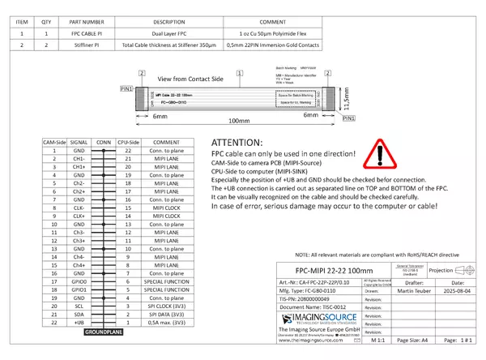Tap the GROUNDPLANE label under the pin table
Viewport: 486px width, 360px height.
point(103,332)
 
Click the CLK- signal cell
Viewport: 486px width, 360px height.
point(79,208)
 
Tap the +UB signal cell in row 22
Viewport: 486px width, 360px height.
point(79,322)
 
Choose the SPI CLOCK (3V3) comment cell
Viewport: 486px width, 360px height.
point(166,305)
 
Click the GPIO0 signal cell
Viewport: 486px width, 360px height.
point(79,281)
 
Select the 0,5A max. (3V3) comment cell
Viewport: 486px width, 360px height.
point(166,322)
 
